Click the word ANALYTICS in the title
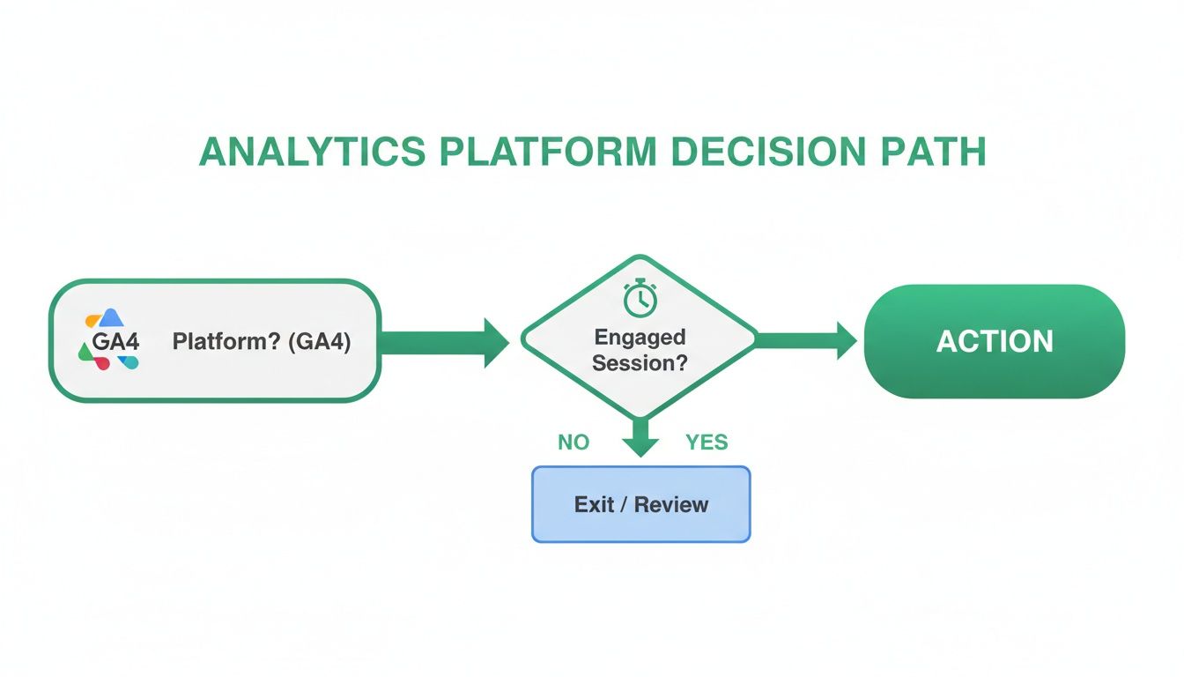(313, 153)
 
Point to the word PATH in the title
(936, 153)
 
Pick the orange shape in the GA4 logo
(92, 321)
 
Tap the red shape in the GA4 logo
(102, 362)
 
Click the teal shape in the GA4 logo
(130, 361)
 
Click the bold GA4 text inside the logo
(115, 341)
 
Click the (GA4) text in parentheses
(319, 341)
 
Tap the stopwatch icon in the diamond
(640, 300)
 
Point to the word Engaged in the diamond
(640, 337)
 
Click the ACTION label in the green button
(995, 341)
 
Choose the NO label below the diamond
(573, 443)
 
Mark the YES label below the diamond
(707, 443)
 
